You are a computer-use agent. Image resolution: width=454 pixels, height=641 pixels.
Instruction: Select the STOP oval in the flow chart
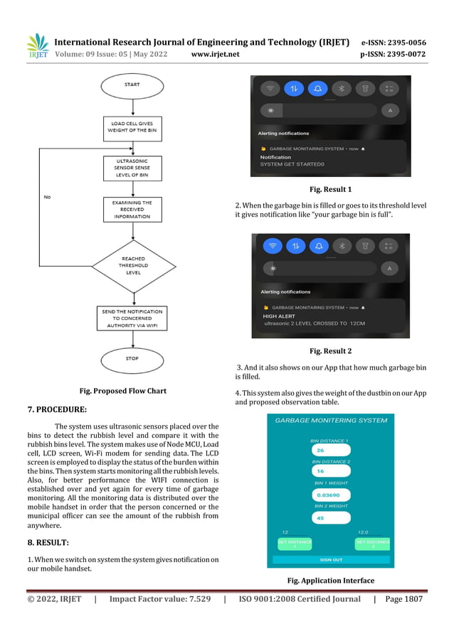click(x=132, y=359)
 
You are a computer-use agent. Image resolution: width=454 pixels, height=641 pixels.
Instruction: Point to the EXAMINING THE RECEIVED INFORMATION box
click(x=132, y=210)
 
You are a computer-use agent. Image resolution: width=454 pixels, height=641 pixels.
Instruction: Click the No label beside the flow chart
click(x=47, y=197)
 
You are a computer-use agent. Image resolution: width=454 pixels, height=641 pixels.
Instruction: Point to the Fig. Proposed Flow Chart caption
click(x=125, y=390)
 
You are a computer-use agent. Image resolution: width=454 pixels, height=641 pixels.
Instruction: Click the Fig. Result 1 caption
click(x=330, y=189)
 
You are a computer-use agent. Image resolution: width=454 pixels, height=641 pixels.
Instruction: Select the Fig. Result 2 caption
click(x=330, y=351)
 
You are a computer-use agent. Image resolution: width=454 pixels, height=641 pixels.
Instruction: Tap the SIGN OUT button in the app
click(x=331, y=560)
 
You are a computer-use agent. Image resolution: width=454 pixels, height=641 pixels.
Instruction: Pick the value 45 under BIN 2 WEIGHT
click(x=321, y=518)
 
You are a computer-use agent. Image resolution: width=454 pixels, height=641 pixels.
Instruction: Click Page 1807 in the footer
click(x=403, y=599)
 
